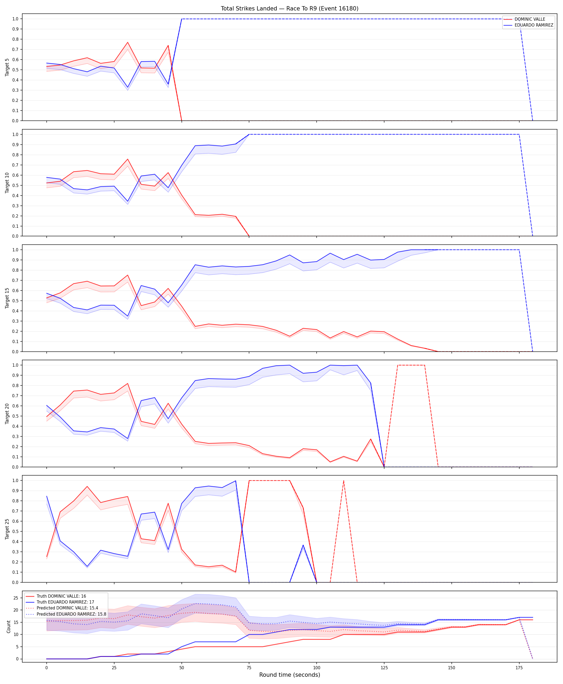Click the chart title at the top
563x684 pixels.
(290, 8)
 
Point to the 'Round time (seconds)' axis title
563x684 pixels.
(290, 675)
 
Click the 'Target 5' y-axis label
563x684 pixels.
(7, 67)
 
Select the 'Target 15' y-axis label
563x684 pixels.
(7, 298)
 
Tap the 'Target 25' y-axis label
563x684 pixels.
(7, 529)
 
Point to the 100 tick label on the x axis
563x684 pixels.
(317, 668)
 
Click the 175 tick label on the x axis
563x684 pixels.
(519, 668)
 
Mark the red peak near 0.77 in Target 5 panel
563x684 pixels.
(127, 42)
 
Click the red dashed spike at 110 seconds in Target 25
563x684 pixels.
(343, 481)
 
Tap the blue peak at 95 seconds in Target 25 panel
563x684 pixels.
(303, 545)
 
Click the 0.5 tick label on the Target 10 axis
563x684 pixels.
(15, 185)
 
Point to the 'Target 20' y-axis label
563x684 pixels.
(7, 413)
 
